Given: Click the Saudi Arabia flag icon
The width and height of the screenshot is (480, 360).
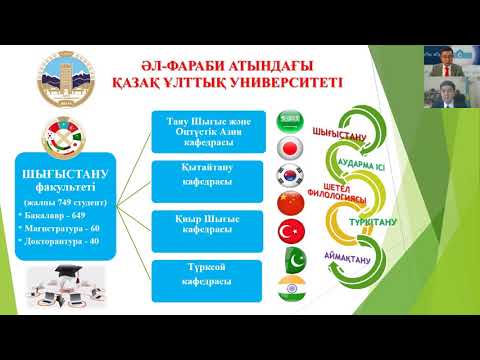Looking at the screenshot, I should pyautogui.click(x=291, y=119).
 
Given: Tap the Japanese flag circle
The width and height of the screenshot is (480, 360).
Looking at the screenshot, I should pyautogui.click(x=291, y=147).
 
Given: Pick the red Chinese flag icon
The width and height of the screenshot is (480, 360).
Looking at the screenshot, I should pyautogui.click(x=291, y=204).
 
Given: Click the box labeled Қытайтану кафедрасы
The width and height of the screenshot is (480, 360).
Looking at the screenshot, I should pyautogui.click(x=207, y=176).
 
